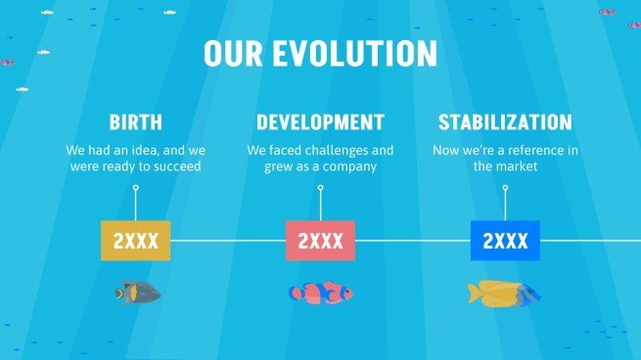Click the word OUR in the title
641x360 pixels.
point(235,53)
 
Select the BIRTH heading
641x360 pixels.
point(135,123)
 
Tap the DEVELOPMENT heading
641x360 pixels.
point(320,123)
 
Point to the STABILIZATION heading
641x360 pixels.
point(505,123)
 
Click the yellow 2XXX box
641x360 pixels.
point(136,241)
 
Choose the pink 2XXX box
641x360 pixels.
point(320,241)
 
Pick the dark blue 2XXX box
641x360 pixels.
point(505,241)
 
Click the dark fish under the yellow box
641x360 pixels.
point(137,292)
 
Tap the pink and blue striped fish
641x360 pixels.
point(320,292)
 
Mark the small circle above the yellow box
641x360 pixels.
point(136,188)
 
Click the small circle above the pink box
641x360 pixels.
point(320,188)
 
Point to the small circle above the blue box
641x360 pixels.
point(505,188)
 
